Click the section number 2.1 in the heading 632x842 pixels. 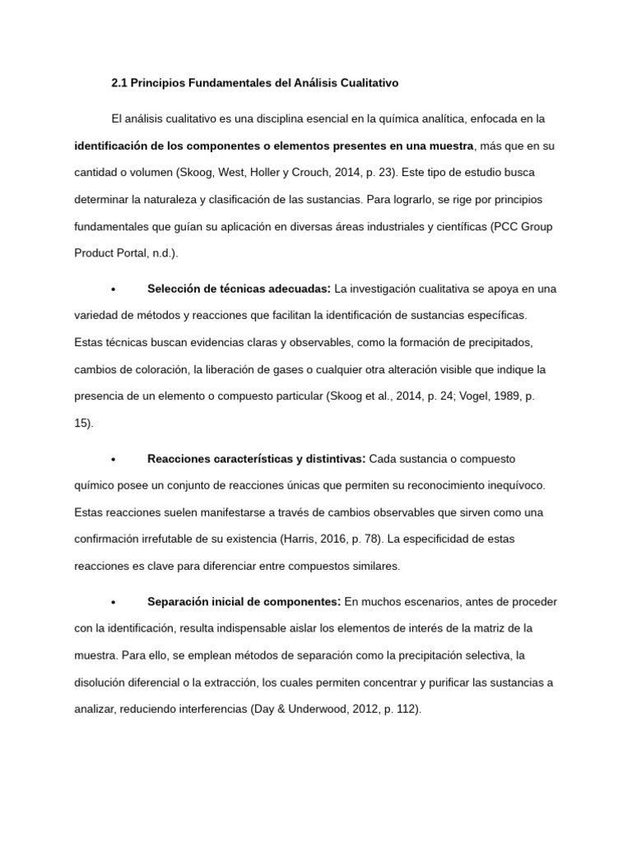[121, 83]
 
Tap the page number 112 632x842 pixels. [407, 710]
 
